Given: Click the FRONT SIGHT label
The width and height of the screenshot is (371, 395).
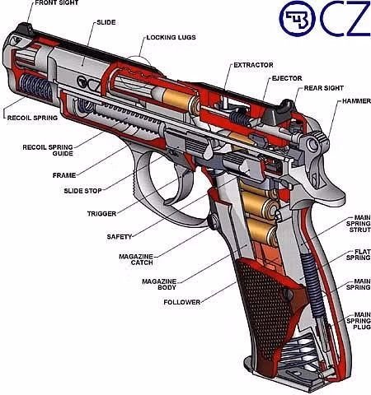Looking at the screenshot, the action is [57, 3].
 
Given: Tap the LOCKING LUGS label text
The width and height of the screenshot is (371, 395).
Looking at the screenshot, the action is [171, 38].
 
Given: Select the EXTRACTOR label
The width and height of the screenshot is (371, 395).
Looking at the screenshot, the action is [253, 65].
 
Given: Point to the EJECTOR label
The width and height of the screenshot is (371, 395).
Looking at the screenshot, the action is [287, 78].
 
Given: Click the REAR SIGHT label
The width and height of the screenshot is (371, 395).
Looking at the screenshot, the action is [324, 88].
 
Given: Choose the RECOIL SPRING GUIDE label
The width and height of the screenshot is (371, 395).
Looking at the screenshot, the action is [48, 151].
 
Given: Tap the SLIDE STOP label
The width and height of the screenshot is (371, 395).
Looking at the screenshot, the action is [82, 191].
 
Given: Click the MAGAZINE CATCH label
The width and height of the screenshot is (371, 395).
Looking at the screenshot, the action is [136, 259].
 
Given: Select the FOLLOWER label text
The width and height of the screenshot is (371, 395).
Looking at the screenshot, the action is [182, 302].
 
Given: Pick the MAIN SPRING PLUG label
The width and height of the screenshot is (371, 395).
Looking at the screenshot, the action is [359, 321].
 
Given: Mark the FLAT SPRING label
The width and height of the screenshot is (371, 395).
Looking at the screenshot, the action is [359, 254].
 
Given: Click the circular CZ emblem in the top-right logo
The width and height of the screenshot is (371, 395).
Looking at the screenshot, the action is [297, 19].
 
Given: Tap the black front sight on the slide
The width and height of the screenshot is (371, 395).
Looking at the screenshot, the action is [24, 29].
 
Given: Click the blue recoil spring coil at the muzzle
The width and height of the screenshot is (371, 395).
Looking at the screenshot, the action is [36, 87].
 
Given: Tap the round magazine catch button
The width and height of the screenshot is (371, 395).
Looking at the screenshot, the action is [212, 221].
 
